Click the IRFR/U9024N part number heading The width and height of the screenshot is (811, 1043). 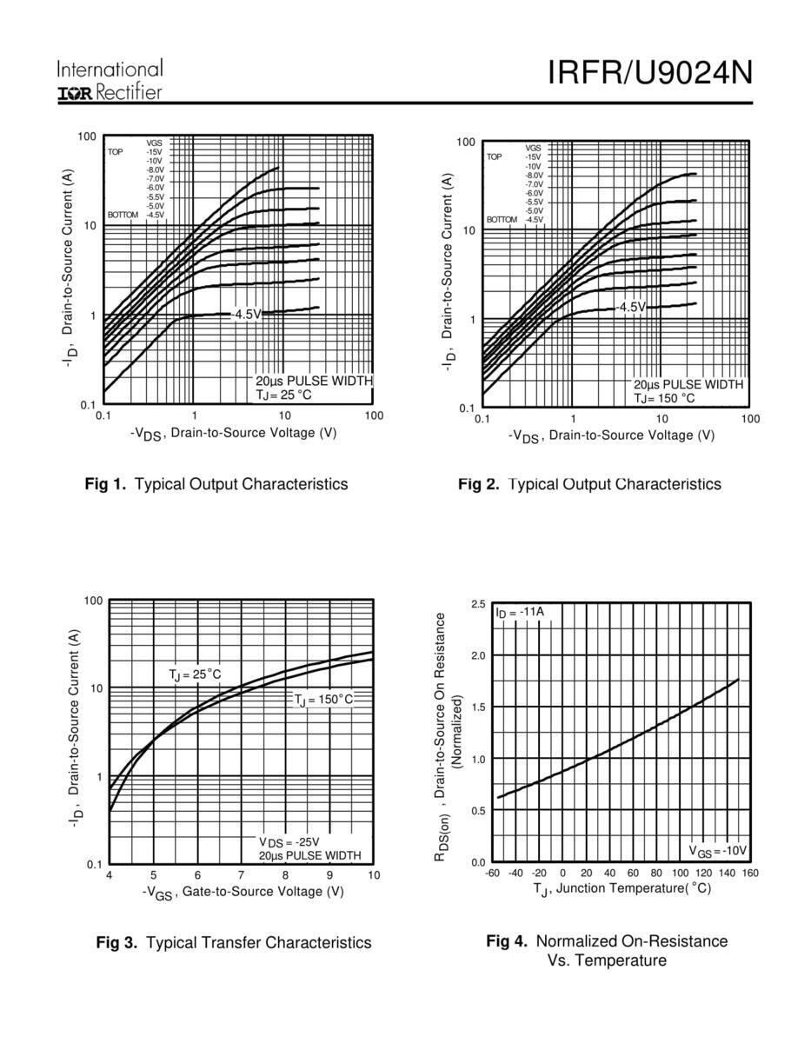pos(649,73)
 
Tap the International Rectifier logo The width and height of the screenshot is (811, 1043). pos(110,81)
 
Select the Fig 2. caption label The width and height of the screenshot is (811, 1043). pos(478,484)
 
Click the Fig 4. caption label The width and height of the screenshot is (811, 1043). pos(507,941)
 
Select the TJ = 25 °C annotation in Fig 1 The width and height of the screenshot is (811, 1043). pos(283,395)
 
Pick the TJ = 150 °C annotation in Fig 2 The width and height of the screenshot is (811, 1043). pos(664,398)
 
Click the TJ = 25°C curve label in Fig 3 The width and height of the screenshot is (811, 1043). pos(195,674)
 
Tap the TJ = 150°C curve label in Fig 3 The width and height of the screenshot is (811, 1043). pos(322,699)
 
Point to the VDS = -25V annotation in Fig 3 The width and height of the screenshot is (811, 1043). pos(289,842)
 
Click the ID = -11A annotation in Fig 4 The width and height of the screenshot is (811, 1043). pos(520,612)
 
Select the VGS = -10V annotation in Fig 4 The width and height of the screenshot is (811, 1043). pos(718,850)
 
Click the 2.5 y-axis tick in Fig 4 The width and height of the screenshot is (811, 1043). pos(478,604)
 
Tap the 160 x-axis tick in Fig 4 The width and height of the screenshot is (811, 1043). pos(750,873)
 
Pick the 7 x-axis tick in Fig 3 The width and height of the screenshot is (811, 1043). pos(241,874)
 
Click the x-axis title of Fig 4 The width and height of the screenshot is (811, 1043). pos(622,888)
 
